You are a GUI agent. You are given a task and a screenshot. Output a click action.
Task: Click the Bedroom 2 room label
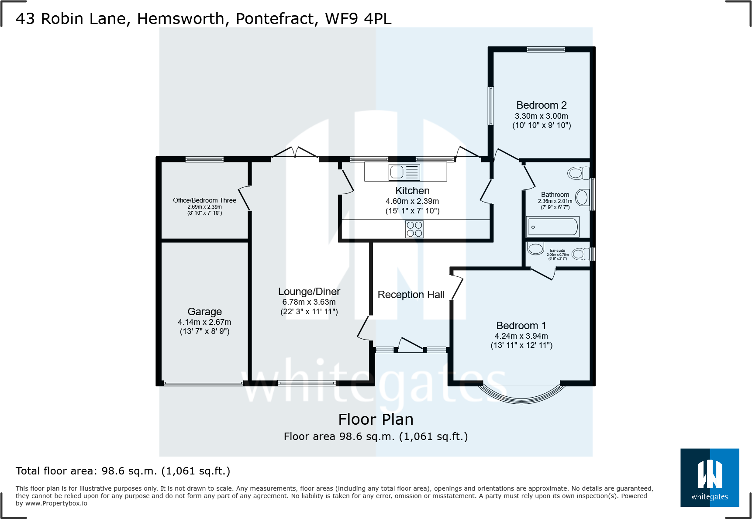point(541,105)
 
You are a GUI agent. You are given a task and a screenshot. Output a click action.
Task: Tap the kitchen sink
point(404,172)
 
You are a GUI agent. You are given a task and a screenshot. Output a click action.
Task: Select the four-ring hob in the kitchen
point(414,229)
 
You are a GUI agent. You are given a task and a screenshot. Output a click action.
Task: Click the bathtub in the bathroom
point(553,227)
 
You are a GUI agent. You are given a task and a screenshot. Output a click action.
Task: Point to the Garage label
point(204,312)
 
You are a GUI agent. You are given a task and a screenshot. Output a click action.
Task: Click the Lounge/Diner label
point(309,292)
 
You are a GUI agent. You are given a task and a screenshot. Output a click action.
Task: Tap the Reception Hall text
point(410,295)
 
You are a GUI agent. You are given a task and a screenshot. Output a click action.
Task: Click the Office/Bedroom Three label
point(204,200)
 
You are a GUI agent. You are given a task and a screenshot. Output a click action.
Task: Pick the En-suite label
point(557,251)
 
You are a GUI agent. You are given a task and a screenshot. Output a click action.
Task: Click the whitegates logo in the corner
point(709,477)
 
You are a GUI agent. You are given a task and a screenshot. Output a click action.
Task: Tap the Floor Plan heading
point(376,419)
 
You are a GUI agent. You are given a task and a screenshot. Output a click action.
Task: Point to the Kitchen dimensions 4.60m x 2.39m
point(412,201)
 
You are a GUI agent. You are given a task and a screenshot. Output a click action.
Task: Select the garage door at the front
point(203,384)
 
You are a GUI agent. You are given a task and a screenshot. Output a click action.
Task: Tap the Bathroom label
point(555,195)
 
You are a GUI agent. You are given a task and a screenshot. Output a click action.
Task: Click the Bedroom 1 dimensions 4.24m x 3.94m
point(521,336)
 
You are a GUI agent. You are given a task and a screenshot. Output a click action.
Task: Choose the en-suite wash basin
point(535,248)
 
